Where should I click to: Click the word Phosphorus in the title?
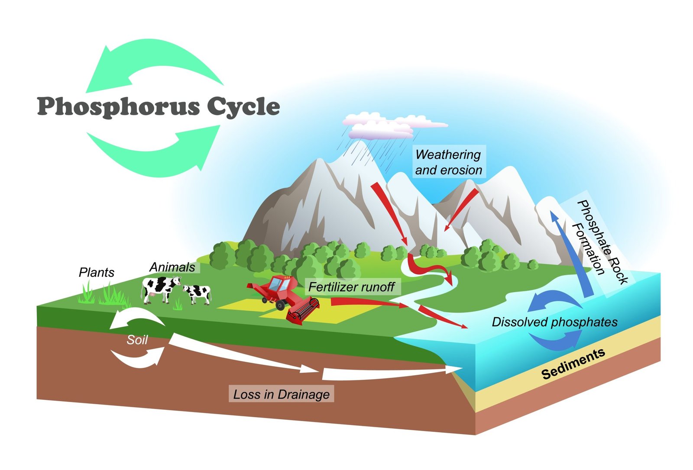coord(118,106)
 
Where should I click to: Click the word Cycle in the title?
coord(243,106)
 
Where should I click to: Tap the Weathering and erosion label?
coord(448,162)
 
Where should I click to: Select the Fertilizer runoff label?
coord(351,287)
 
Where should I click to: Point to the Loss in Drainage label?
coord(281,394)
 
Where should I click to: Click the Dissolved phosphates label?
coord(554,322)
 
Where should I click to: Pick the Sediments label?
coord(573,364)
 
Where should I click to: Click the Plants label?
coord(97,272)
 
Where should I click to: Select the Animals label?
coord(172,267)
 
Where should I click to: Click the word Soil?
coord(137,340)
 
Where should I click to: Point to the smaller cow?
coord(198,293)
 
